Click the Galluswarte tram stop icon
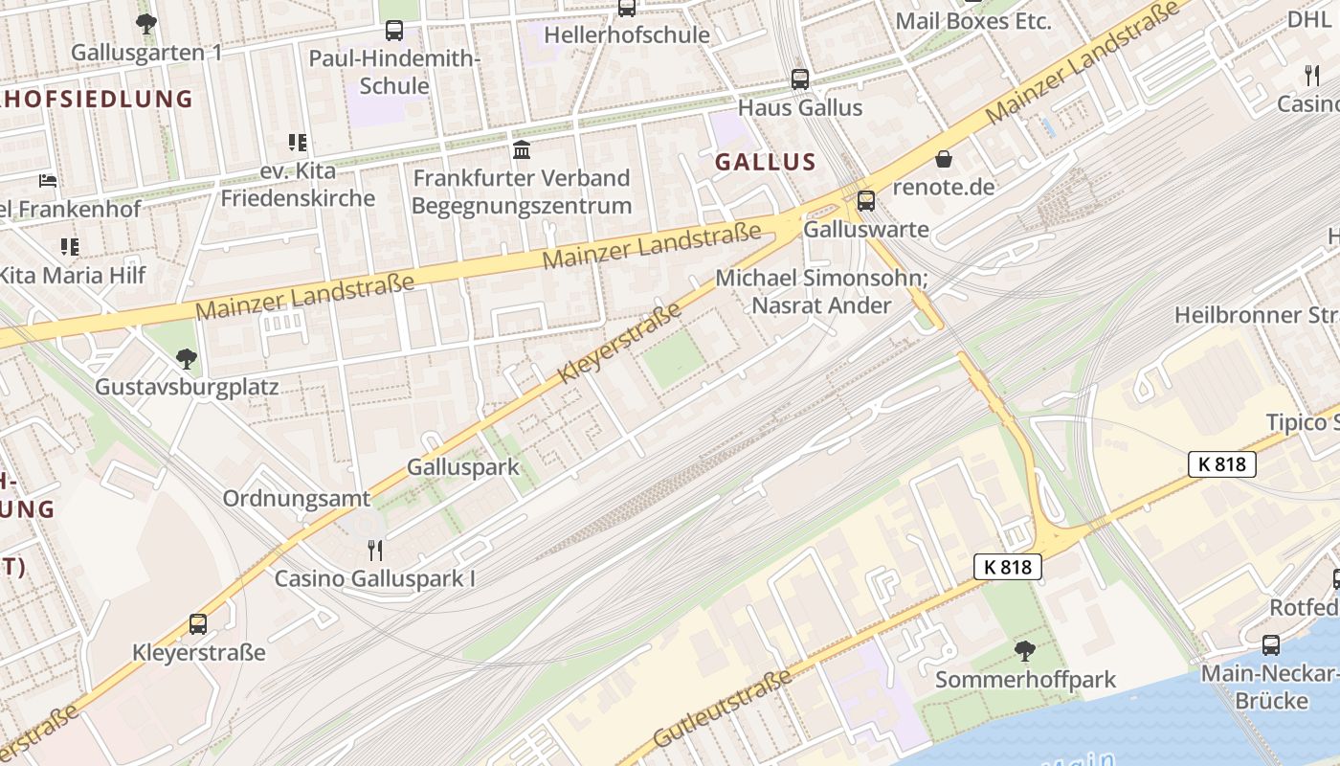point(865,201)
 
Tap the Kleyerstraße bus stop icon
point(198,624)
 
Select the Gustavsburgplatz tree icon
point(187,359)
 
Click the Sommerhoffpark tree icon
point(1025,651)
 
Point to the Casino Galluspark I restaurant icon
point(375,551)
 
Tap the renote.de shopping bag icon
point(944,159)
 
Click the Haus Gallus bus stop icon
point(800,79)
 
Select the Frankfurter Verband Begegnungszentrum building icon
point(522,150)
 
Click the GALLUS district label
point(766,162)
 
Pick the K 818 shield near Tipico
point(1222,464)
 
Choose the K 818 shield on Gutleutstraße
point(1008,567)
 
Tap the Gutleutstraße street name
point(723,709)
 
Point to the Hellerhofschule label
point(627,35)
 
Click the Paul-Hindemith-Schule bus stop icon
point(394,31)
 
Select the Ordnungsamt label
point(296,499)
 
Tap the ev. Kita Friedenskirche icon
point(298,144)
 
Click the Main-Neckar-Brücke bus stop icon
point(1271,645)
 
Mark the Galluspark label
point(463,467)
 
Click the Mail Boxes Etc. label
point(973,21)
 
